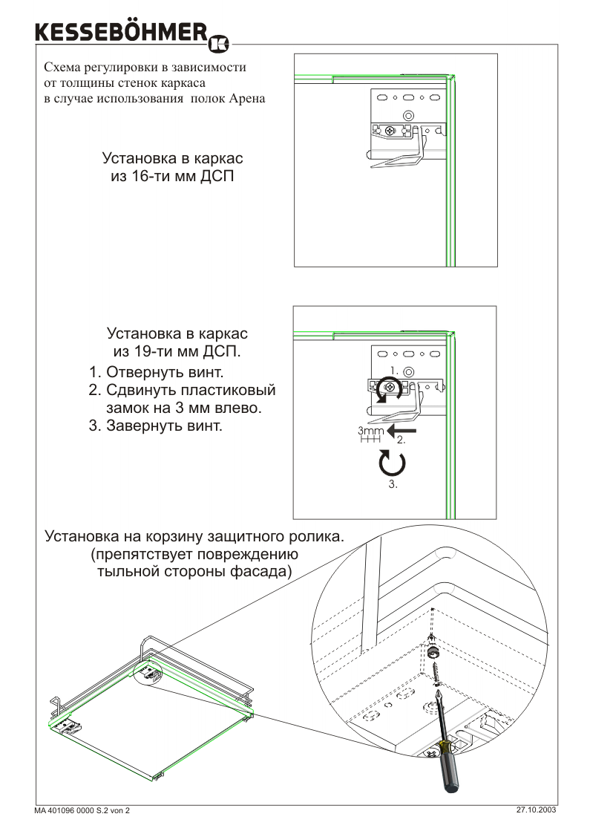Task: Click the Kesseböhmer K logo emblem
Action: pos(219,45)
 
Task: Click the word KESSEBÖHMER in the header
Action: pos(121,33)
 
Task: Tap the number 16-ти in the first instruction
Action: pos(150,177)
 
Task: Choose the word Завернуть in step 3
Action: pos(144,426)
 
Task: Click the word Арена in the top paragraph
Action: pos(247,98)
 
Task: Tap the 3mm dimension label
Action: pos(370,430)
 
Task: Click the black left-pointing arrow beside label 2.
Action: pos(401,430)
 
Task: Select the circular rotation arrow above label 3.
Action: pos(393,463)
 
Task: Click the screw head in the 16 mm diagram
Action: pos(390,130)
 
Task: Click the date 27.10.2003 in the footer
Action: pos(536,810)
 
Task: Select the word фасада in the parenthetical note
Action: pos(261,572)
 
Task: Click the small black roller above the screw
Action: pos(432,651)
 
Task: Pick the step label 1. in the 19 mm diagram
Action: pos(394,370)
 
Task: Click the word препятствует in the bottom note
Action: pos(143,554)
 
